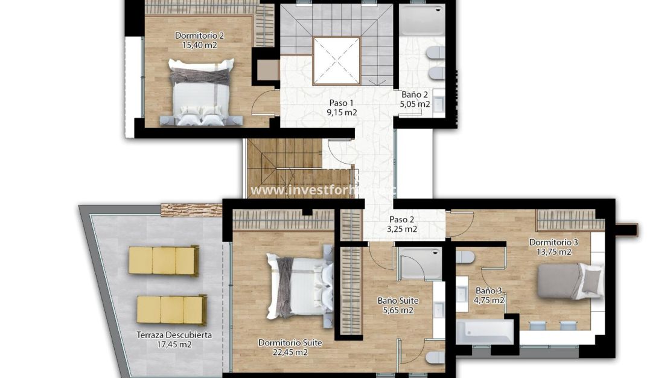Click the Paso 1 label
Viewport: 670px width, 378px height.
tap(342, 103)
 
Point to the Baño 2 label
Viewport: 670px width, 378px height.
tap(415, 94)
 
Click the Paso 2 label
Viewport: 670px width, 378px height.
tap(401, 220)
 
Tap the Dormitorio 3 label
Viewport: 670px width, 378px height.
tap(554, 243)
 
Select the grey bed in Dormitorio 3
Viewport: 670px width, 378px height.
tap(561, 281)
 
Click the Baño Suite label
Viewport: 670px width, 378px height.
tap(398, 301)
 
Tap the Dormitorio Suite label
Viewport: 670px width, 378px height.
tap(290, 343)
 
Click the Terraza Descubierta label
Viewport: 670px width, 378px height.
tap(174, 335)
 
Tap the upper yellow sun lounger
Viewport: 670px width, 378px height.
tap(164, 260)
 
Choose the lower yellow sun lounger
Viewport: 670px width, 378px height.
tap(171, 309)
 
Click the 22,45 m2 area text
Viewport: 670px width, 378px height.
tap(290, 353)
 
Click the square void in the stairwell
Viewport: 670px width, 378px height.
tap(336, 60)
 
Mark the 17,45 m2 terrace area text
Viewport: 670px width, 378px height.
tap(174, 345)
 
